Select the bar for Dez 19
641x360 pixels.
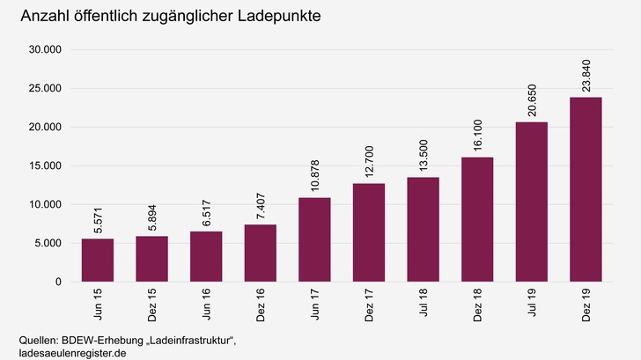(586, 189)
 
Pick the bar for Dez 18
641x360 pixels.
(477, 219)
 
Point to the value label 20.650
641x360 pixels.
(532, 97)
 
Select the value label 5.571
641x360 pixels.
(98, 217)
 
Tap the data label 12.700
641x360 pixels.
(369, 158)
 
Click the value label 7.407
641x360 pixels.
(261, 203)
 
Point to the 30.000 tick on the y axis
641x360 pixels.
(44, 50)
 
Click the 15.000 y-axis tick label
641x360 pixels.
(44, 165)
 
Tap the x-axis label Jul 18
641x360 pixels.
(424, 303)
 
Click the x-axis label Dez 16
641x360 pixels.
(261, 305)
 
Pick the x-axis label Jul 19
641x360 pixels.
(532, 303)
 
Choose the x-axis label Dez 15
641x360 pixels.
(152, 305)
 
